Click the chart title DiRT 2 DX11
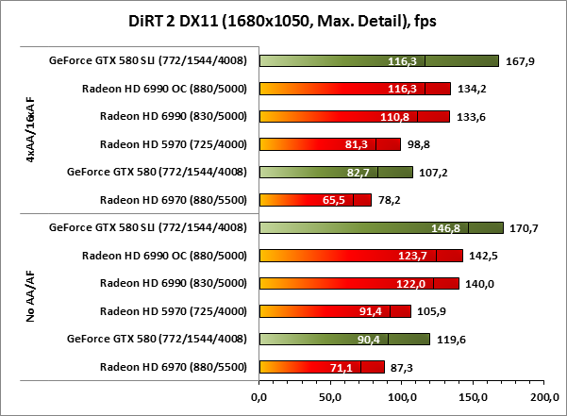(x=283, y=20)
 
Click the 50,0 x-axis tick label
(x=330, y=397)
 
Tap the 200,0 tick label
(x=544, y=397)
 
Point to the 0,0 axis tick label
(x=258, y=397)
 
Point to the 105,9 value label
(x=430, y=311)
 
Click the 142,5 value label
(x=482, y=256)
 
